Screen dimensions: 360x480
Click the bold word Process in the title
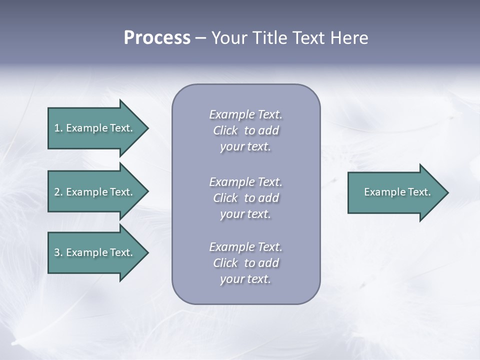tap(157, 38)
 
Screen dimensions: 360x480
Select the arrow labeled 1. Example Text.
tap(95, 128)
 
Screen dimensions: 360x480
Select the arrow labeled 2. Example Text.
tap(95, 192)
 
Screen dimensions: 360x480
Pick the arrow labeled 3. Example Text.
tap(95, 252)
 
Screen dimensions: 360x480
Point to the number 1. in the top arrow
tap(58, 128)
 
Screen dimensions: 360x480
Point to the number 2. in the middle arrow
tap(58, 192)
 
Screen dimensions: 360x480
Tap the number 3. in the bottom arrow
tap(58, 252)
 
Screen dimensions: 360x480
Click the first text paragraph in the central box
tap(245, 130)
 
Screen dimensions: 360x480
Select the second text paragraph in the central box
tap(245, 198)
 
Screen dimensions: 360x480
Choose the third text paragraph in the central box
tap(245, 263)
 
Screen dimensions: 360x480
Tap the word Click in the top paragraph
tap(225, 130)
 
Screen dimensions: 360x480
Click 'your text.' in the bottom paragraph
tap(245, 279)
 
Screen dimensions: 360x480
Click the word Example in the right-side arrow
tap(381, 192)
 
